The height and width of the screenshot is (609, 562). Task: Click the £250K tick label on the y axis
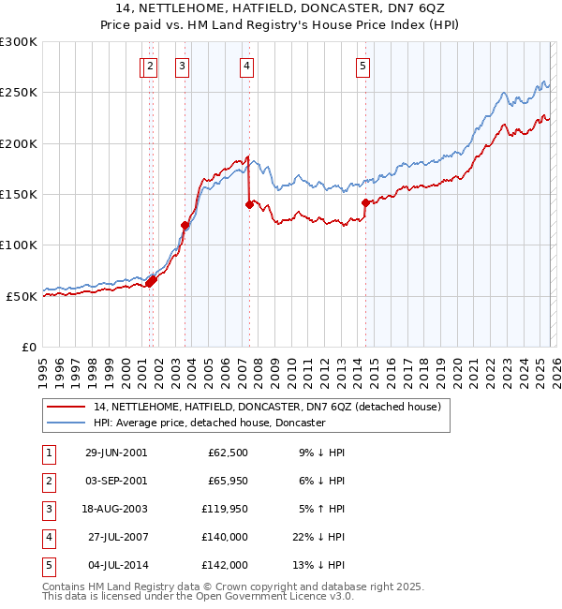pyautogui.click(x=18, y=93)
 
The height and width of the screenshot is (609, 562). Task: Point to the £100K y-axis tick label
pyautogui.click(x=18, y=245)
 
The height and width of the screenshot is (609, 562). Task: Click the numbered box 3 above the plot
pyautogui.click(x=181, y=66)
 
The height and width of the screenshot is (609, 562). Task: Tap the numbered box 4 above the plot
pyautogui.click(x=246, y=66)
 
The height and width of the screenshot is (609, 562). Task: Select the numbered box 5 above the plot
pyautogui.click(x=362, y=66)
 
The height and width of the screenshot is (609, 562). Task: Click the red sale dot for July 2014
pyautogui.click(x=365, y=201)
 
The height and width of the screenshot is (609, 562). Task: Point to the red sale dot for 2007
pyautogui.click(x=249, y=203)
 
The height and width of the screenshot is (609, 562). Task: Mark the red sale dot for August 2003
pyautogui.click(x=185, y=225)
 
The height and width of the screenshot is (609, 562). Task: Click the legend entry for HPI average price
pyautogui.click(x=208, y=423)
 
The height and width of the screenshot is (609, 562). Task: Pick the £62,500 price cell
pyautogui.click(x=226, y=453)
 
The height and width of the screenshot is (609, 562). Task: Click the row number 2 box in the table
pyautogui.click(x=47, y=483)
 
